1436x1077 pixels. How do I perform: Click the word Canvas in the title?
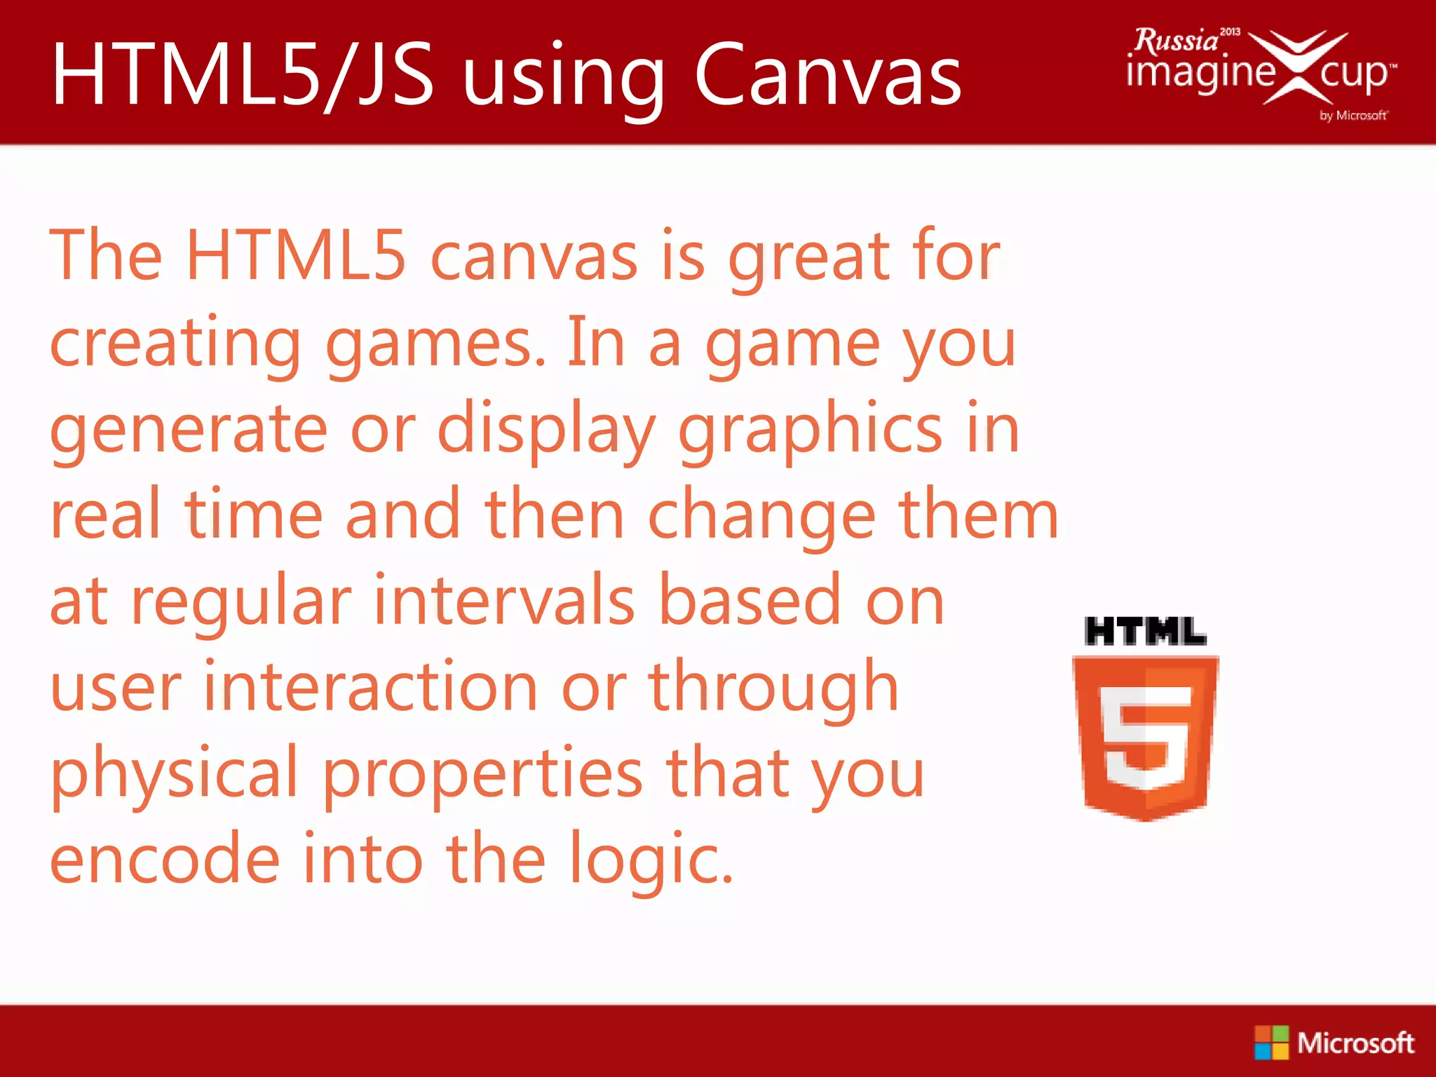pos(827,74)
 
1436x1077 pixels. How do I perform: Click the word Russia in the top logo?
pos(1177,41)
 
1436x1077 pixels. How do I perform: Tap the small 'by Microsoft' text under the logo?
pos(1353,116)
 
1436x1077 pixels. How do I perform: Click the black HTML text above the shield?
pos(1145,631)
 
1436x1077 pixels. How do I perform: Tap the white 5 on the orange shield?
pos(1146,736)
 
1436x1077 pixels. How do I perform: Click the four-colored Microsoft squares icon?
pos(1271,1043)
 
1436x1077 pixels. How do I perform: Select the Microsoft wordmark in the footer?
pos(1355,1043)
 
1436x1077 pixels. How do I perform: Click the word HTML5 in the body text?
pos(295,255)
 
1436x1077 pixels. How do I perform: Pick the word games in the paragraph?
pos(435,344)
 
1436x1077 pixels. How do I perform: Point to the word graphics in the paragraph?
pos(810,430)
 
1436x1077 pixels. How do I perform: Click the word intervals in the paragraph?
pos(505,602)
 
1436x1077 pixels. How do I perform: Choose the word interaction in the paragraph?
pos(371,688)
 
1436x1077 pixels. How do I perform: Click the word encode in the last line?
pos(165,860)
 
